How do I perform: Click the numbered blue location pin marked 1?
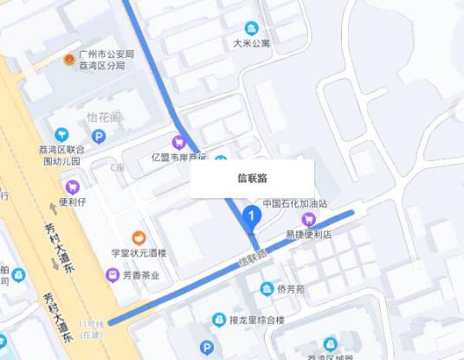[x=251, y=214]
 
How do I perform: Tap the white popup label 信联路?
[x=252, y=178]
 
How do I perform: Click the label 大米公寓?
[x=252, y=42]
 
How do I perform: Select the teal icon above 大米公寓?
[x=251, y=27]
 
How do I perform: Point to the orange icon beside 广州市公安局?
[x=69, y=59]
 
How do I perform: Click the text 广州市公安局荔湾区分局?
[x=106, y=59]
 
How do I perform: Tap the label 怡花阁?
[x=103, y=118]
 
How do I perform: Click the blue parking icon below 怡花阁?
[x=99, y=136]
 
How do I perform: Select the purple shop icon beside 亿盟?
[x=179, y=142]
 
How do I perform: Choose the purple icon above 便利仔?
[x=73, y=185]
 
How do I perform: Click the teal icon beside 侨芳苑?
[x=267, y=288]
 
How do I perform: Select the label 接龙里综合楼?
[x=257, y=319]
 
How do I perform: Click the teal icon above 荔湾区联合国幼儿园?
[x=61, y=134]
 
